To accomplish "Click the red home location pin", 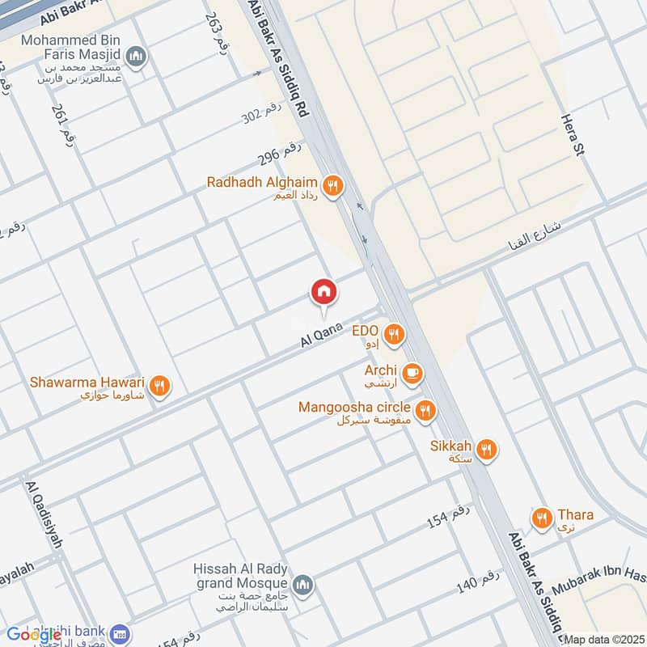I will click(x=323, y=292).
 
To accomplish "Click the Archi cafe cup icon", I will click(x=413, y=373).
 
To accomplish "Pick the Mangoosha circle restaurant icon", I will click(x=425, y=411).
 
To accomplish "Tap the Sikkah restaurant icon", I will click(x=486, y=450).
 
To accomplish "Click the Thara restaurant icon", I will click(x=541, y=517).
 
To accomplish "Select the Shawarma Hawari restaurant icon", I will click(x=159, y=387).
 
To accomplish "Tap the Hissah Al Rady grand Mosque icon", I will click(x=302, y=585).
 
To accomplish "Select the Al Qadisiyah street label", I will click(x=44, y=514).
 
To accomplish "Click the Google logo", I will click(x=34, y=635).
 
